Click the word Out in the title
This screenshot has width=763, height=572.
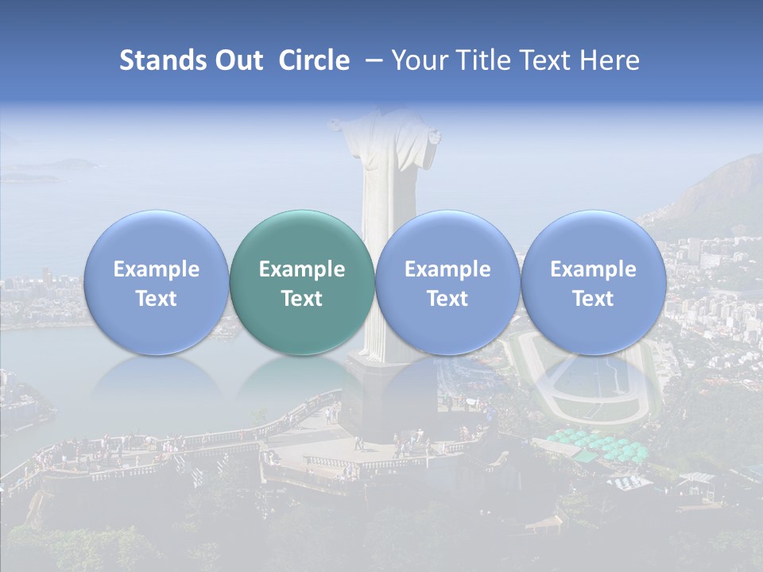[236, 61]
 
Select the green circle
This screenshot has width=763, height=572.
[302, 282]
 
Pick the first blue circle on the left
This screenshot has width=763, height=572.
[156, 282]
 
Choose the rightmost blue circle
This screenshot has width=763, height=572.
[593, 282]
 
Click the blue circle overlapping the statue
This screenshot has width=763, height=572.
[447, 282]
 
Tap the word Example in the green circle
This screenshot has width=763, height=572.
[302, 269]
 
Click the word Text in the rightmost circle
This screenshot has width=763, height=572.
[593, 299]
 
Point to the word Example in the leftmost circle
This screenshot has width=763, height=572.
[156, 269]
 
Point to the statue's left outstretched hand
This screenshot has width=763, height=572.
[336, 125]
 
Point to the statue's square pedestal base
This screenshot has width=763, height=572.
[389, 397]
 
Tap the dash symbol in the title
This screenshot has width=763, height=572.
[370, 61]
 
